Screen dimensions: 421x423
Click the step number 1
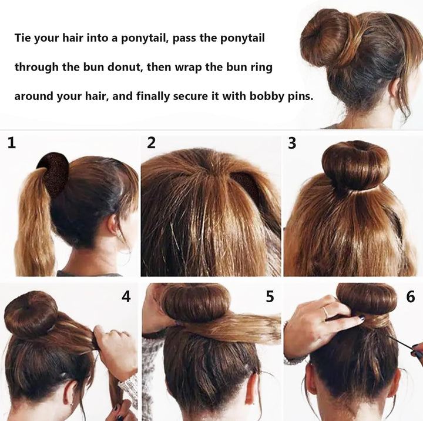pos(12,143)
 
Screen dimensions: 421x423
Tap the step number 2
pos(152,143)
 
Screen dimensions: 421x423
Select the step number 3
pos(292,143)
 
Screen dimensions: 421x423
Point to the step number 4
pos(126,297)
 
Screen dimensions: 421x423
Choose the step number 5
pos(270,297)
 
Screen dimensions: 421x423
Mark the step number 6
pos(411,297)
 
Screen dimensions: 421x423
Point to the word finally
pos(155,96)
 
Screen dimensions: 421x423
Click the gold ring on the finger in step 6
pos(325,312)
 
